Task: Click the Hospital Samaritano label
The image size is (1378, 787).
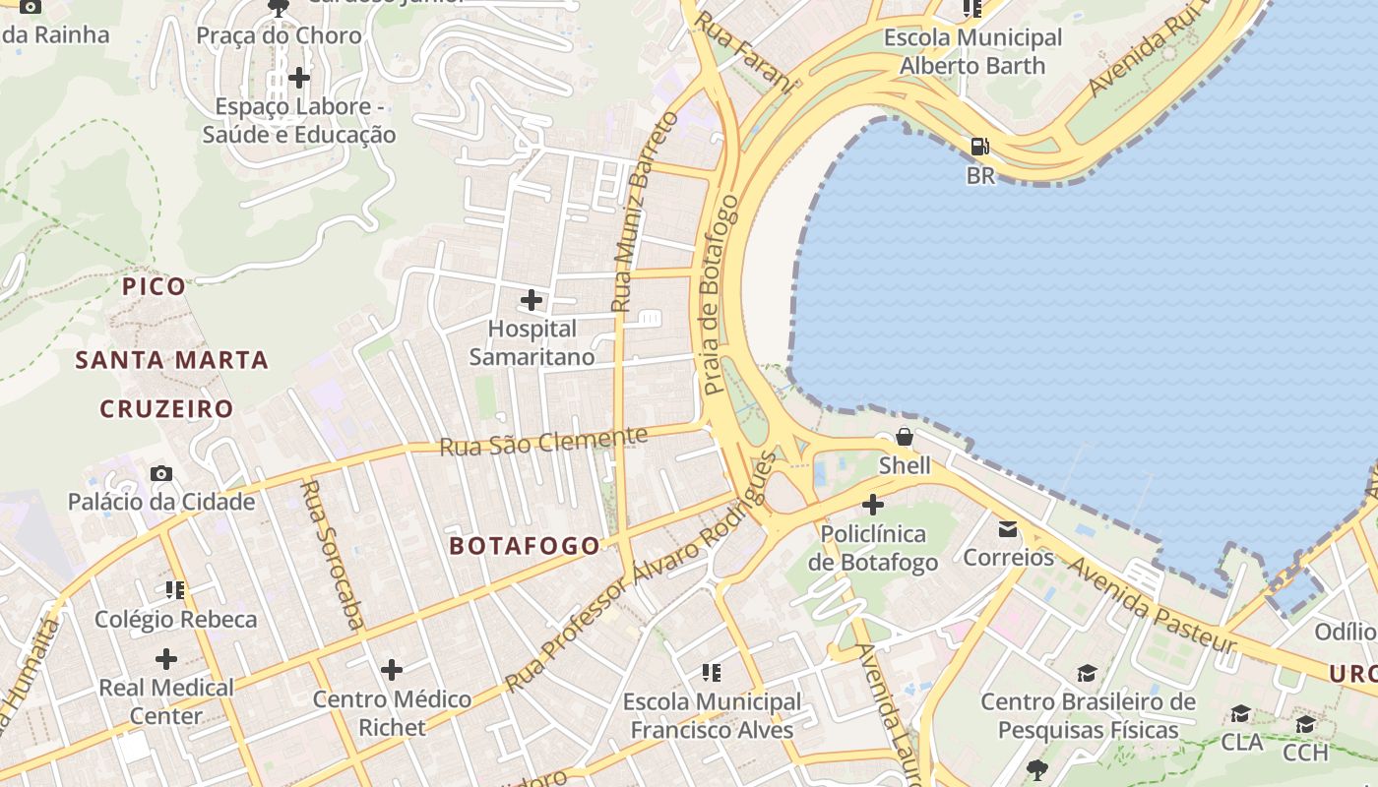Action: click(532, 342)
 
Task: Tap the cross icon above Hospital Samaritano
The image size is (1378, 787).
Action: click(532, 299)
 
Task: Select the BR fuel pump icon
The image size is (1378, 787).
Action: click(980, 147)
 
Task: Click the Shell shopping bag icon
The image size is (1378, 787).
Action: click(904, 437)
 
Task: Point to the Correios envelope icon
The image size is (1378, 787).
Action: click(1008, 529)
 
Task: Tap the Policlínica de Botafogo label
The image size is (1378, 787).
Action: click(872, 548)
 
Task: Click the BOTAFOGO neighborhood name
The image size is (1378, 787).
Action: click(525, 546)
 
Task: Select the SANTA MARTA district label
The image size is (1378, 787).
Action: click(172, 360)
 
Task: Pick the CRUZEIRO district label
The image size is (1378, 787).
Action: click(166, 409)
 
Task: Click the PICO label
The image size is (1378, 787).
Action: click(154, 287)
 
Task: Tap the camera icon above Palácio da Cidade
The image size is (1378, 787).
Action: click(161, 474)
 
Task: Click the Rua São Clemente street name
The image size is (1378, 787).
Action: click(543, 441)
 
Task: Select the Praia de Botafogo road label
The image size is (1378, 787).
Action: click(719, 295)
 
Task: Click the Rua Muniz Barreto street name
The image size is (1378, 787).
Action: click(646, 212)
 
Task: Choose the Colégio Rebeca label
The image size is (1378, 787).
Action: click(175, 620)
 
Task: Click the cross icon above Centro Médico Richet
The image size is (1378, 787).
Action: click(392, 671)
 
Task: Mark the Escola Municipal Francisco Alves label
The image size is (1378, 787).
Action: click(712, 716)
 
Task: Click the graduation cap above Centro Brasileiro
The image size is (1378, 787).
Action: click(1087, 674)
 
